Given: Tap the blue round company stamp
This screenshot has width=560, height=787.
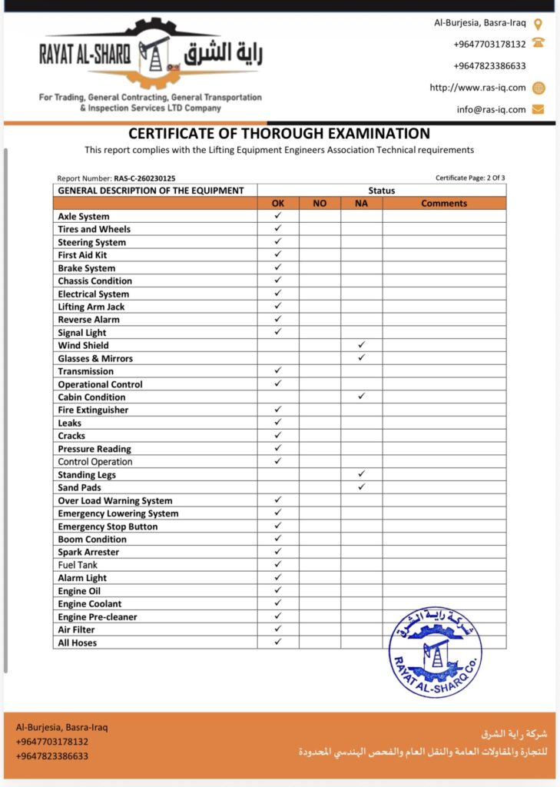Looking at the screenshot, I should (435, 653).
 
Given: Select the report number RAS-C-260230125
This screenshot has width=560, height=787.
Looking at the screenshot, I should (144, 178).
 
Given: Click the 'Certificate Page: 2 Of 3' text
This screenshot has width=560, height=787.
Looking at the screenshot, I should (470, 178).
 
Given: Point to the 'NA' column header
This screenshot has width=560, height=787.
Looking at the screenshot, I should (361, 204).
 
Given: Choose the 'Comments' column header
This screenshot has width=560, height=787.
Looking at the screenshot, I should (444, 204).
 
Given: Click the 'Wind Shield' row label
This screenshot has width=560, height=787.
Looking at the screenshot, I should (84, 346).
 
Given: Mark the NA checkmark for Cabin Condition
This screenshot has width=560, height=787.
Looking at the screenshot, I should (361, 397).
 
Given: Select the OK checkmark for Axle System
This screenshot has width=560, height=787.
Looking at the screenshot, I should (278, 216).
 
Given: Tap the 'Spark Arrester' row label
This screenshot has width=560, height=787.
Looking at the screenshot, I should (88, 553).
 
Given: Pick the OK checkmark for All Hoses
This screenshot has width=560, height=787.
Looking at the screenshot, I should (278, 642).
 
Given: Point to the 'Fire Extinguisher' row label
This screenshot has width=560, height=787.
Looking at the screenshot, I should (93, 410).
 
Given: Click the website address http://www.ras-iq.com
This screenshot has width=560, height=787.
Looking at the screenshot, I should (478, 88).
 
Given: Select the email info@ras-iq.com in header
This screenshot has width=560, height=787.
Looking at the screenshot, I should (492, 110).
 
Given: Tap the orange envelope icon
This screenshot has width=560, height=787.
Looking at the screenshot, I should (538, 109).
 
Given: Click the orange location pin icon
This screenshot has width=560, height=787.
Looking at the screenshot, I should (538, 23).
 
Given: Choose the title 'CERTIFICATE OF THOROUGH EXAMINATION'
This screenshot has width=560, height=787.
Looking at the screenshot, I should (279, 134).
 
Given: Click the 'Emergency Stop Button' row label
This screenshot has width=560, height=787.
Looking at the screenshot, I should (108, 526).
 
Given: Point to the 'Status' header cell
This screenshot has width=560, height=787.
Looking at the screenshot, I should (382, 191).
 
